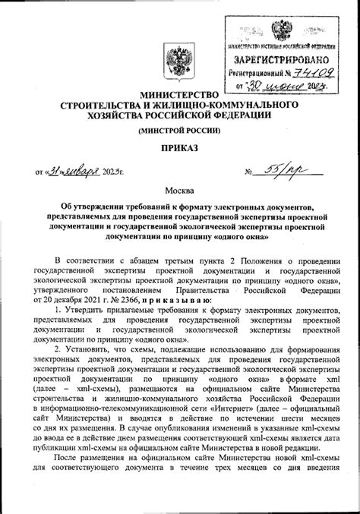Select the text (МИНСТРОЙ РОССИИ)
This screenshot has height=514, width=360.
click(x=180, y=131)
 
